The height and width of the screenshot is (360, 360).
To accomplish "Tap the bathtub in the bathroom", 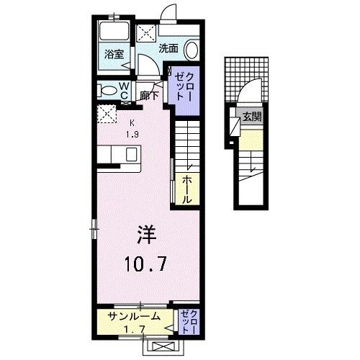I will [112, 32].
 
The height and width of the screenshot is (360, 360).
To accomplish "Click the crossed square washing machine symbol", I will [145, 33].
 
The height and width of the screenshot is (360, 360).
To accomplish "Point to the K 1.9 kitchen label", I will [132, 127].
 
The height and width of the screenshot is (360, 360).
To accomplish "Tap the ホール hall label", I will [186, 189].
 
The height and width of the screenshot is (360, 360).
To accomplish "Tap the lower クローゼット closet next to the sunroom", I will [188, 321].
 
